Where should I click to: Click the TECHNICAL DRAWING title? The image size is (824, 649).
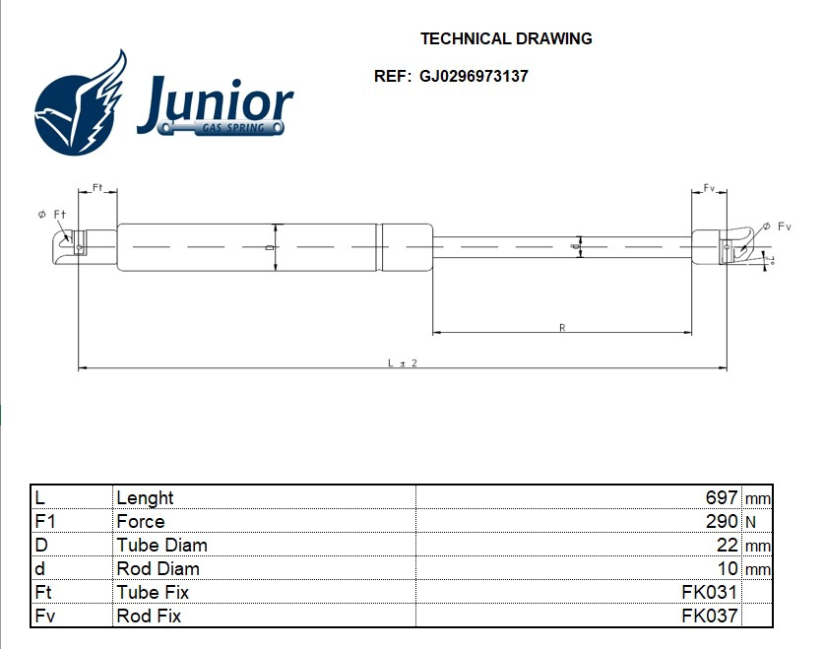[x=506, y=39]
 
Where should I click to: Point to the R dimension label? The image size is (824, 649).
[x=561, y=327]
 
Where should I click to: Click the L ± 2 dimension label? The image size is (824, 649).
[x=403, y=363]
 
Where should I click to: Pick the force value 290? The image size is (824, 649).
[x=722, y=522]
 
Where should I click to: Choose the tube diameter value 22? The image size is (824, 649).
[x=729, y=546]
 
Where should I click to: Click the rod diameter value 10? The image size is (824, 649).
[x=729, y=569]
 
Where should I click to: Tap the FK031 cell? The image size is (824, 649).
[x=710, y=593]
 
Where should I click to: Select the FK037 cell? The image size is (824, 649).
[x=710, y=617]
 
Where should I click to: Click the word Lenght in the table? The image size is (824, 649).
[x=145, y=498]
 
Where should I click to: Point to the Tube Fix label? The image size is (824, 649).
[x=153, y=593]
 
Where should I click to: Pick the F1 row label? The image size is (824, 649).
[x=44, y=522]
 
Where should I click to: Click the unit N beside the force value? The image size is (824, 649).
[x=750, y=522]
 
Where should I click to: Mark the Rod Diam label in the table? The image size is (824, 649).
[x=158, y=569]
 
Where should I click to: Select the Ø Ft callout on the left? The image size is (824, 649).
[x=51, y=214]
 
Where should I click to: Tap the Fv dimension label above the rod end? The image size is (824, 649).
[x=709, y=187]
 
